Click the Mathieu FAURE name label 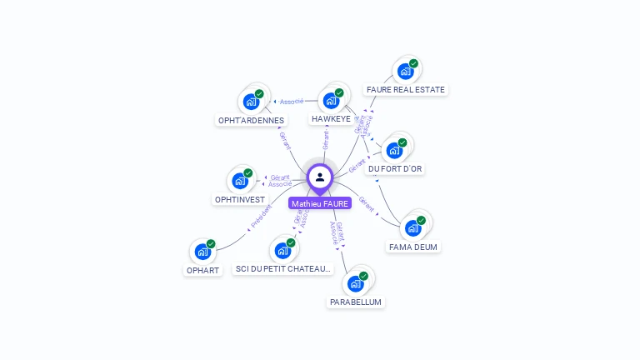320,203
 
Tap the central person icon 320,177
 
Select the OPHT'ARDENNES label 251,120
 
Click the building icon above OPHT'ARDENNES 250,102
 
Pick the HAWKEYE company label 331,119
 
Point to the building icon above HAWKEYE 331,102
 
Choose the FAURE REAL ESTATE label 406,89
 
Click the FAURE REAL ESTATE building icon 405,72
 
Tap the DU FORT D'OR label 395,168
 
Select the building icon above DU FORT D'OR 394,151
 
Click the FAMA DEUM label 412,247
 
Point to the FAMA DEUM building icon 412,228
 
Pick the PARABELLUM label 356,302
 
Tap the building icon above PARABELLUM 356,283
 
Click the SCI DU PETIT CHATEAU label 283,269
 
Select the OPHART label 202,270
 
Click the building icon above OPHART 202,252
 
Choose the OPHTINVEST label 239,199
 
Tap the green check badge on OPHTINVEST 248,173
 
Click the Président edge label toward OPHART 261,217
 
